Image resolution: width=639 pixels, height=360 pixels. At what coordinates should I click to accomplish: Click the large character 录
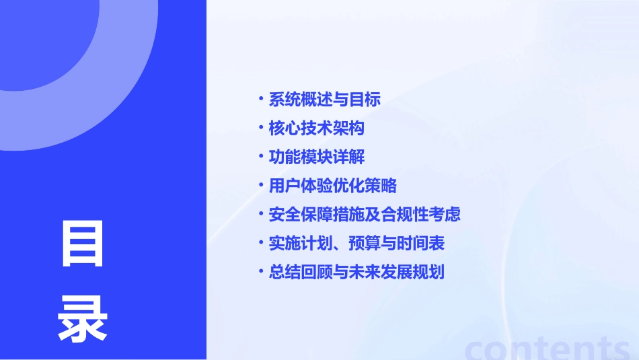tap(83, 320)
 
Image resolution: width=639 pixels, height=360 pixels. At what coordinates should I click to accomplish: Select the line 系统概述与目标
tap(325, 100)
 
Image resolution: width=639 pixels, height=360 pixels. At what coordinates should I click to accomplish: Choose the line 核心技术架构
tap(317, 128)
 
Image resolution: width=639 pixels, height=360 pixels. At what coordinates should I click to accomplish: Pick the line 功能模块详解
tap(317, 157)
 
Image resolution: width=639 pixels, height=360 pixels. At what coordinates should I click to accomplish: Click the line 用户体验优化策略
tap(333, 186)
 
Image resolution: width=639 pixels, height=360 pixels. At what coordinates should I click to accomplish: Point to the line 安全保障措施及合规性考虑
tap(365, 215)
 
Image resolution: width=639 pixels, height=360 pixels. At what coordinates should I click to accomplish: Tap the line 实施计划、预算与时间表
tap(356, 243)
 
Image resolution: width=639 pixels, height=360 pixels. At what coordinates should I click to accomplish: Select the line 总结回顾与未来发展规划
tap(356, 273)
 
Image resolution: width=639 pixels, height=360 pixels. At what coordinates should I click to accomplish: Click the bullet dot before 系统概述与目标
tap(261, 99)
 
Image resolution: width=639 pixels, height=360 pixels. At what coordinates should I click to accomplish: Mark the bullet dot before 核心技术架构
tap(261, 127)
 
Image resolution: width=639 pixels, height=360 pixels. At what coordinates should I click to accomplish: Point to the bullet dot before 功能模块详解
tap(261, 156)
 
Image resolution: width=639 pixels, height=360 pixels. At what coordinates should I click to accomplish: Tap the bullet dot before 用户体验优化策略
tap(261, 185)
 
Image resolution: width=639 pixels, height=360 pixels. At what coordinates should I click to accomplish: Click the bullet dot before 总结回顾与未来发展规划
tap(261, 272)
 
